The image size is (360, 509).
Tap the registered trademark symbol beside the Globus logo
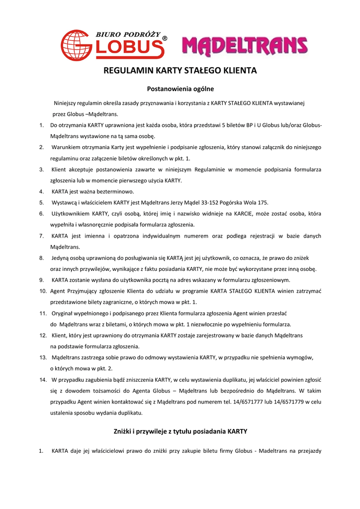click(165, 39)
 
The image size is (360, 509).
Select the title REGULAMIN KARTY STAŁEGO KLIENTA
click(180, 71)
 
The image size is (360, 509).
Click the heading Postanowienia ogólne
click(180, 89)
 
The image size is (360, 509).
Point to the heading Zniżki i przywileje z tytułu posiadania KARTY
click(180, 431)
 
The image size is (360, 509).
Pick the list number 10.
click(43, 291)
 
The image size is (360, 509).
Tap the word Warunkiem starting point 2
click(68, 147)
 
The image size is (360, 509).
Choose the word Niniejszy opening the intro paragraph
click(67, 103)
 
